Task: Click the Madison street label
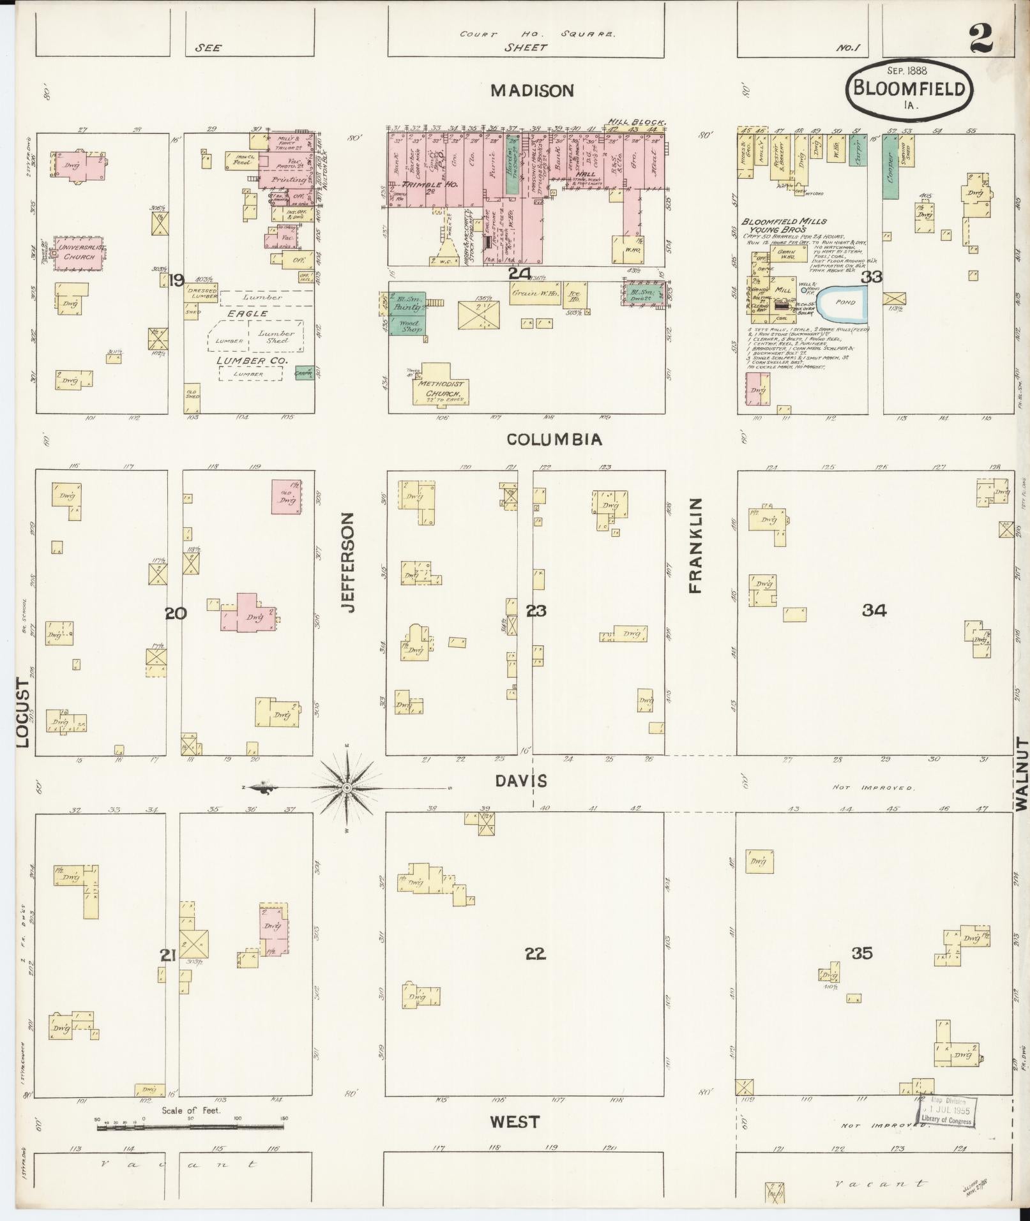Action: (x=531, y=91)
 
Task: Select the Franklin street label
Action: (x=695, y=545)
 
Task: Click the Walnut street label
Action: (x=1022, y=774)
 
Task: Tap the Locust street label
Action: (x=23, y=712)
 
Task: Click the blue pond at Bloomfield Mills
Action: (x=843, y=303)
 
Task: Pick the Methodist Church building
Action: (x=441, y=387)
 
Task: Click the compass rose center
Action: (x=347, y=788)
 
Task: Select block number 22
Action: (x=535, y=954)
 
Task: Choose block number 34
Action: (x=874, y=611)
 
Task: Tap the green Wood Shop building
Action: (x=409, y=327)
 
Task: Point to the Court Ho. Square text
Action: (x=537, y=34)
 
